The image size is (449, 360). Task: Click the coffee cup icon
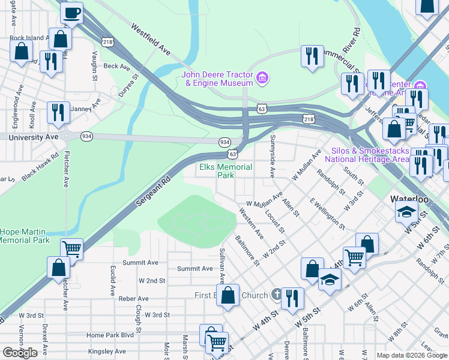[71, 12]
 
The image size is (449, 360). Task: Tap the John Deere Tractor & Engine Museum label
[217, 79]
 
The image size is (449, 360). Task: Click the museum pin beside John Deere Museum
[262, 78]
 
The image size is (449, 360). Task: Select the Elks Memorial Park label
[225, 171]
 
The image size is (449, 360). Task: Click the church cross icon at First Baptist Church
[276, 294]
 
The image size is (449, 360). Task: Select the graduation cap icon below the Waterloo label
[406, 212]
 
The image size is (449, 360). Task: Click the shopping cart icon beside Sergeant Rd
[71, 248]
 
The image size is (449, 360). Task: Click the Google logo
[20, 352]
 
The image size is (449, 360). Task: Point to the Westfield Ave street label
[151, 40]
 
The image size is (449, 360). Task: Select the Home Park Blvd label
[110, 335]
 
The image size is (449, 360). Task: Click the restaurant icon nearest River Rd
[312, 56]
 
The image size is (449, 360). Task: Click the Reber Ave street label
[133, 298]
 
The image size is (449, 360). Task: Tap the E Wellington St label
[327, 214]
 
